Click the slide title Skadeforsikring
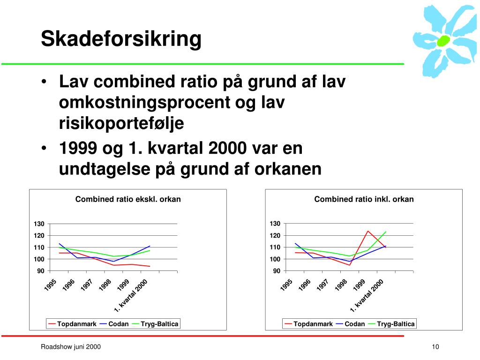[x=121, y=39]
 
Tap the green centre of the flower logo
[x=443, y=40]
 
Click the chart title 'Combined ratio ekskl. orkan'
[x=128, y=199]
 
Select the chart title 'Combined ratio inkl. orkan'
[x=364, y=199]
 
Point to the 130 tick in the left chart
[x=39, y=224]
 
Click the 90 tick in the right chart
[x=277, y=271]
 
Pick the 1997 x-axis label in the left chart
[x=86, y=285]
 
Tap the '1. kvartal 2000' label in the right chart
[x=367, y=296]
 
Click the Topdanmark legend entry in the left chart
[x=73, y=324]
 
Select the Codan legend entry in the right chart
[x=351, y=324]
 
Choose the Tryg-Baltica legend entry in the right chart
[x=391, y=324]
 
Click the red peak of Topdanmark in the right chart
[x=367, y=231]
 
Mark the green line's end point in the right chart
[x=386, y=232]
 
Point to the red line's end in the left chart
[x=150, y=266]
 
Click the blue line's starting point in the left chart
[x=59, y=244]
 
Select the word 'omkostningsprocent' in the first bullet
[x=144, y=103]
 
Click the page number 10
[x=435, y=347]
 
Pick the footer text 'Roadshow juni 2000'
[x=71, y=347]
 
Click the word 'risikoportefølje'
[x=121, y=124]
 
